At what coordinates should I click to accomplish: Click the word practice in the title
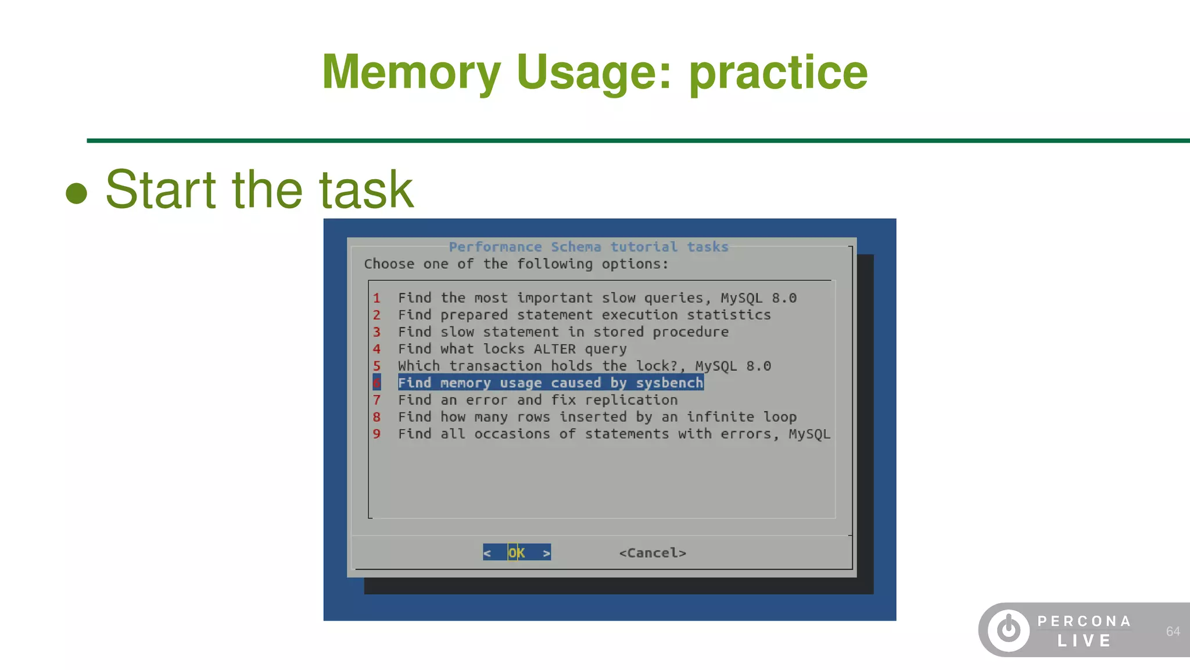[x=778, y=72]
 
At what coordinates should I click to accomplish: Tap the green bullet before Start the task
[x=76, y=193]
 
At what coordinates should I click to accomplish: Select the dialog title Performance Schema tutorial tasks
[x=588, y=247]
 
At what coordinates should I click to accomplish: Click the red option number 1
[x=377, y=298]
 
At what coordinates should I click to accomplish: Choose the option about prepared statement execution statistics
[x=584, y=315]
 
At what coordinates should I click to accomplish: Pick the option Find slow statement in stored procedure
[x=562, y=332]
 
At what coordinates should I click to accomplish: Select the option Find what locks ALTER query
[x=512, y=349]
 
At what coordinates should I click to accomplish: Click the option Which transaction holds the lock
[x=584, y=366]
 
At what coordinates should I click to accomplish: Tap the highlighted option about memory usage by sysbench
[x=550, y=383]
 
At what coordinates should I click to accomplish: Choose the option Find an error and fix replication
[x=537, y=400]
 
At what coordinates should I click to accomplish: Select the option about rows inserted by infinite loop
[x=597, y=417]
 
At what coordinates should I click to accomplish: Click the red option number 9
[x=377, y=434]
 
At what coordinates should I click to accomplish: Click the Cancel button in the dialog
[x=653, y=553]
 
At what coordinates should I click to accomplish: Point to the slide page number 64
[x=1173, y=632]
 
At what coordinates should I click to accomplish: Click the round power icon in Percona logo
[x=1009, y=630]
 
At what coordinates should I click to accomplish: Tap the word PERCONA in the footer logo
[x=1084, y=621]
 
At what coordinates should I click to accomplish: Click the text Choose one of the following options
[x=516, y=264]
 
